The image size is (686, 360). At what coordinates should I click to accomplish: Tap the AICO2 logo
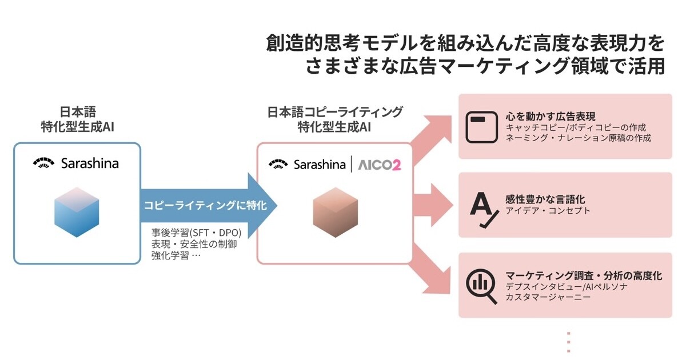[380, 165]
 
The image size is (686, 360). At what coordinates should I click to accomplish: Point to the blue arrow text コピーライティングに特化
[205, 205]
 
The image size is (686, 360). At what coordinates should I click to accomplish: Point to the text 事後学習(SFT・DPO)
[197, 233]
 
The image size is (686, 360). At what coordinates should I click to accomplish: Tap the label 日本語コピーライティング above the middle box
[334, 111]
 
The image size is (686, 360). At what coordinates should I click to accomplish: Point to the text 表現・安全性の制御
[194, 244]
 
